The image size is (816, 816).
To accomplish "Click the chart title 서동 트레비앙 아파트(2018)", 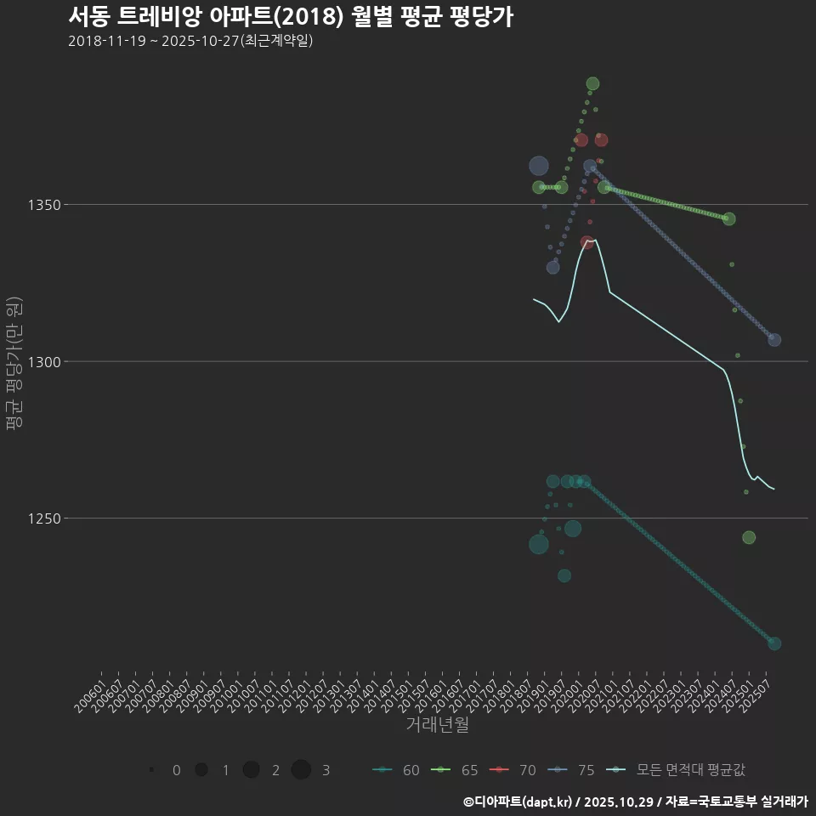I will pos(290,17).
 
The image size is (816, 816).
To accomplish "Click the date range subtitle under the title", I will pos(190,41).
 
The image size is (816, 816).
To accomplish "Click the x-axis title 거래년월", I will pos(437,725).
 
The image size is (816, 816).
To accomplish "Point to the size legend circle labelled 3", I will pos(301,770).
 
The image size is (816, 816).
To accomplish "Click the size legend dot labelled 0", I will pos(151,770).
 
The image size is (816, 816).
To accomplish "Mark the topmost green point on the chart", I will pos(592,83).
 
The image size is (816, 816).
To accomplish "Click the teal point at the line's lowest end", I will pos(774,643).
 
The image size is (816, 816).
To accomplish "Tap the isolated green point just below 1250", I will pos(749,537).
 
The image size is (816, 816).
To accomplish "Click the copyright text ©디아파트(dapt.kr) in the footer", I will pos(518,802).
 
